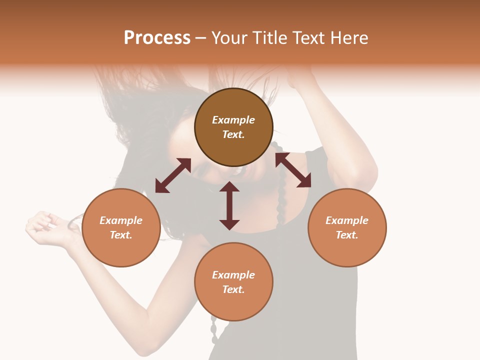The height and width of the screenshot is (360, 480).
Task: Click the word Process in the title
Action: click(157, 38)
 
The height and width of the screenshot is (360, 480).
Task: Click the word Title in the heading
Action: click(270, 38)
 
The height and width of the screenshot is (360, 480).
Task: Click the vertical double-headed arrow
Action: click(229, 205)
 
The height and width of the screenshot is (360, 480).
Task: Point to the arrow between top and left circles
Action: click(173, 175)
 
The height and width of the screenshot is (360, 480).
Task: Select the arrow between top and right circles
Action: click(293, 170)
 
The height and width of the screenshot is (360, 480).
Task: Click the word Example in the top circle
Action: click(233, 120)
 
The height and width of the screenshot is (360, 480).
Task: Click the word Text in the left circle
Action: click(121, 235)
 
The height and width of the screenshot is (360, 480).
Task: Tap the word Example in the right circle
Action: click(347, 220)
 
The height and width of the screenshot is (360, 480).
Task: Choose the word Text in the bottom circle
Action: click(233, 289)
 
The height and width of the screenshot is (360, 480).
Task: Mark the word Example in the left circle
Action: click(121, 220)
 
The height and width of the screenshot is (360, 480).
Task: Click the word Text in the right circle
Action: click(347, 235)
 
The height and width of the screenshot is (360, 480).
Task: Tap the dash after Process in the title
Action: click(201, 38)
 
